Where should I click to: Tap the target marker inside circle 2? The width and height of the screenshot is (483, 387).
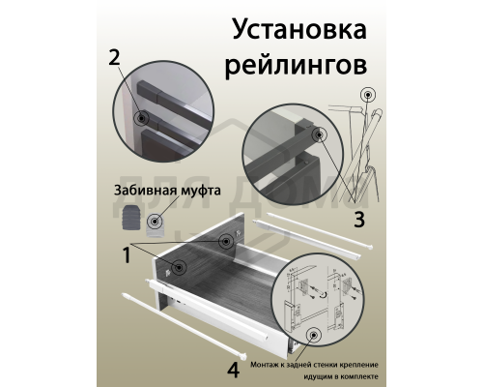(143, 118)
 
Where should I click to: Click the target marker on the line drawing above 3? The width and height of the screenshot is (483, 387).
(367, 97)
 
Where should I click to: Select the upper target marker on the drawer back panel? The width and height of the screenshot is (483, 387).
(226, 240)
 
